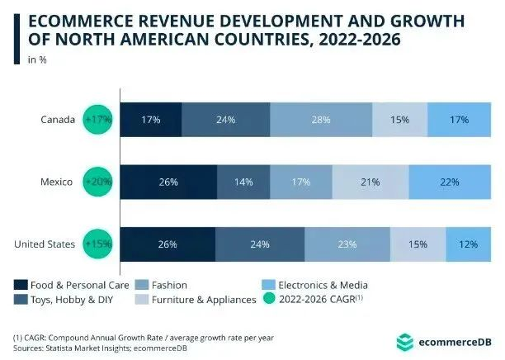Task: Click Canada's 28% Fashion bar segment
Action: point(321,120)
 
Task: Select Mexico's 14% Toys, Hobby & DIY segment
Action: point(243,182)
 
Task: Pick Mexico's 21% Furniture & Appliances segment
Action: point(370,182)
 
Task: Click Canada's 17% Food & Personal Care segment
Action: point(150,120)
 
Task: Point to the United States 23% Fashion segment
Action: point(347,244)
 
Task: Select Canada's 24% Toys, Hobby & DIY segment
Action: point(225,120)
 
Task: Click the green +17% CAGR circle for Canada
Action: point(98,120)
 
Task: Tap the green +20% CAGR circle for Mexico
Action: point(98,182)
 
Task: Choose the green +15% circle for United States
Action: point(98,244)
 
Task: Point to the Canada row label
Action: point(60,120)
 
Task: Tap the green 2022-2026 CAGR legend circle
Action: point(271,300)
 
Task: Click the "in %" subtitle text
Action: point(37,59)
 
